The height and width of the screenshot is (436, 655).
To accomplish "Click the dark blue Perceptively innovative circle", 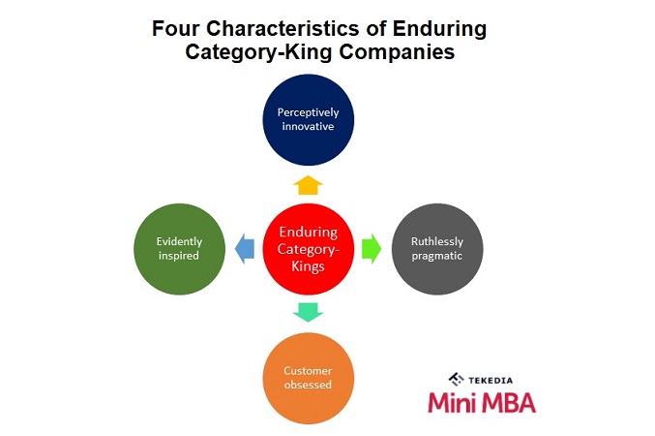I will pyautogui.click(x=308, y=120).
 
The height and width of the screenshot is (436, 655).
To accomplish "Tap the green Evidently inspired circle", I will pyautogui.click(x=178, y=248).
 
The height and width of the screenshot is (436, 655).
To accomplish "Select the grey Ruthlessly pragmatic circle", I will pyautogui.click(x=437, y=248).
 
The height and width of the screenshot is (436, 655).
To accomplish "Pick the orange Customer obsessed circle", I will pyautogui.click(x=308, y=377).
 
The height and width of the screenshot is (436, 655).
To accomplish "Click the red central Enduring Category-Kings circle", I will pyautogui.click(x=308, y=248).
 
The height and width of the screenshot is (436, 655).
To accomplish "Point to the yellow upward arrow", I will pyautogui.click(x=308, y=184).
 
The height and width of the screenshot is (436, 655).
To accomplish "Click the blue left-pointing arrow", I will pyautogui.click(x=245, y=249).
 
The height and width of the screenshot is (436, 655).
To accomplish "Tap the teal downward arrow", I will pyautogui.click(x=308, y=312).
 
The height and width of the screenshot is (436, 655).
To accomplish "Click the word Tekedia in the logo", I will pyautogui.click(x=499, y=379).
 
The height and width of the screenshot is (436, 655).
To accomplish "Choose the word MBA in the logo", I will pyautogui.click(x=509, y=400).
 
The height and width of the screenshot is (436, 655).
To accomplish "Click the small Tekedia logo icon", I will pyautogui.click(x=457, y=379).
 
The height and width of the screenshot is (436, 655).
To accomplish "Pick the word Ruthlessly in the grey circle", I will pyautogui.click(x=437, y=241).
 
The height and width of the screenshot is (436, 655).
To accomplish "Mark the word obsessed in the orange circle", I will pyautogui.click(x=308, y=384).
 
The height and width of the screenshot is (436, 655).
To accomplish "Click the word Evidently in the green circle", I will pyautogui.click(x=178, y=241).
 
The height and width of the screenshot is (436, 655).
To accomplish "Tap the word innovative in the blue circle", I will pyautogui.click(x=308, y=128).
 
